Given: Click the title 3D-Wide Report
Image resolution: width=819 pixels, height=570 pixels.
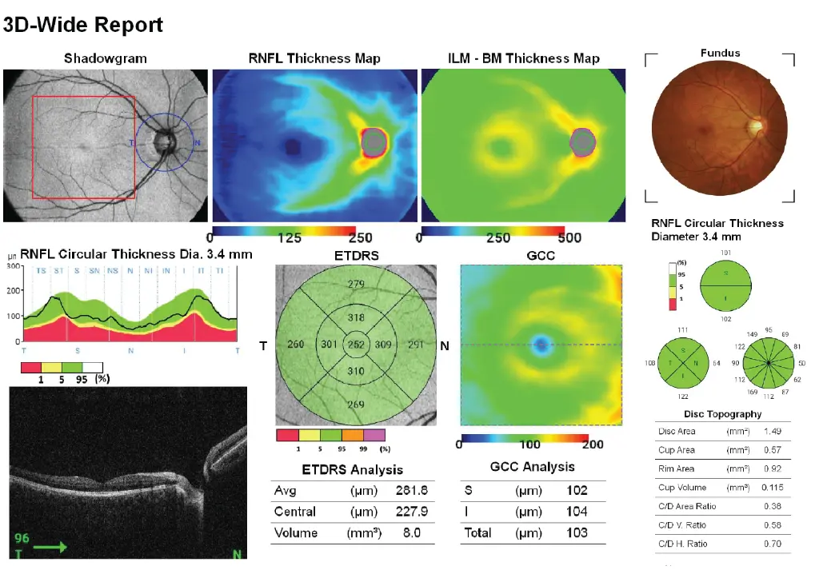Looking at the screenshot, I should pyautogui.click(x=83, y=25).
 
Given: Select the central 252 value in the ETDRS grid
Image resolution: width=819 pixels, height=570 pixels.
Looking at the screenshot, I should pyautogui.click(x=356, y=345).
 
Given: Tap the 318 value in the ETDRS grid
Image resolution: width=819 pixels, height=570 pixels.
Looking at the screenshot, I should pyautogui.click(x=356, y=317).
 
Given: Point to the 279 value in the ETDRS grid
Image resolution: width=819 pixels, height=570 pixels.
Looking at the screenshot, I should pyautogui.click(x=356, y=285).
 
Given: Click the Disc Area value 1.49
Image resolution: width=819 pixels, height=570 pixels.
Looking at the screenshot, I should pyautogui.click(x=772, y=432).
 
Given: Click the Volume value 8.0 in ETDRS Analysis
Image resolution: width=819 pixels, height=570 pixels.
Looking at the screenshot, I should pyautogui.click(x=411, y=532).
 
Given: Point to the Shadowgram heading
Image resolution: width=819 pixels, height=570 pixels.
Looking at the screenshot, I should pyautogui.click(x=106, y=58).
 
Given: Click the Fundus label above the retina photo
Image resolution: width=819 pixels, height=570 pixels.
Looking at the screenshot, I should pyautogui.click(x=720, y=53).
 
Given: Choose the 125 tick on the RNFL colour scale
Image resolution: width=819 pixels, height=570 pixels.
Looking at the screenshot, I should pyautogui.click(x=289, y=238).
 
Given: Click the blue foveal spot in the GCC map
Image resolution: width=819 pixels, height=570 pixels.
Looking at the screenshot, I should pyautogui.click(x=541, y=345).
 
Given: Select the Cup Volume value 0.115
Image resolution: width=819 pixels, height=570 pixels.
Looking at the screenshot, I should pyautogui.click(x=770, y=488).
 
